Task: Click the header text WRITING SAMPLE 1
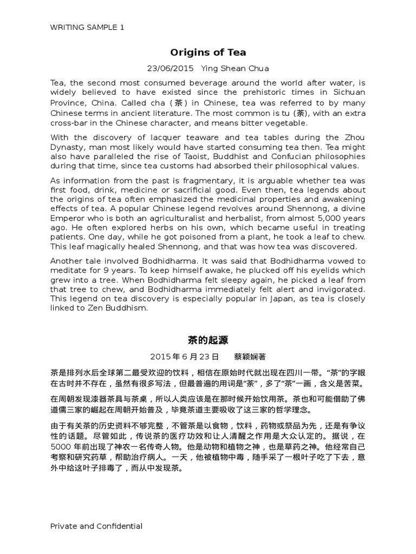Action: tap(87, 27)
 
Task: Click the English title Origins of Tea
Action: tap(208, 52)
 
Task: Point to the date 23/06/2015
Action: tap(171, 69)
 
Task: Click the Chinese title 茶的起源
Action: tap(208, 340)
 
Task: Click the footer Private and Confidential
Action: tap(96, 526)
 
